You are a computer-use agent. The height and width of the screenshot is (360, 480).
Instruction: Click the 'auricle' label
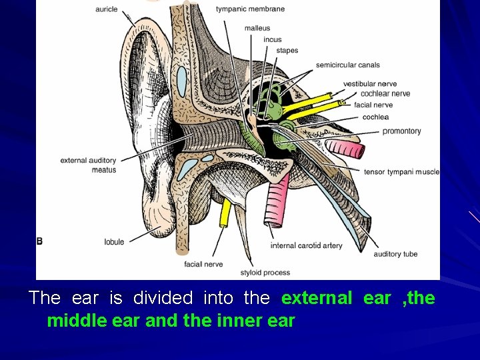[x=106, y=9]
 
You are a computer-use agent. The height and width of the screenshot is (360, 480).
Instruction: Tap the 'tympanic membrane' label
[x=250, y=9]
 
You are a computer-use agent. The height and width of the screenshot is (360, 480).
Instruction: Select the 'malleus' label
[x=257, y=29]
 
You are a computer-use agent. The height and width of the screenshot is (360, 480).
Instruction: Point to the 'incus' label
[x=272, y=40]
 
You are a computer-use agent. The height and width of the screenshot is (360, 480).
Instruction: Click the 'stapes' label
[x=287, y=51]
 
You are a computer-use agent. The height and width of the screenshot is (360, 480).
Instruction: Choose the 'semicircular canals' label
[x=347, y=65]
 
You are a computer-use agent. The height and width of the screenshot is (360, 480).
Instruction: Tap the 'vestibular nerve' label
[x=370, y=84]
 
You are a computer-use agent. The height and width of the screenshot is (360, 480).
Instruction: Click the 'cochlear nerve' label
[x=385, y=94]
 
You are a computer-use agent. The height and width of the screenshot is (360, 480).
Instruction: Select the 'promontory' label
[x=401, y=131]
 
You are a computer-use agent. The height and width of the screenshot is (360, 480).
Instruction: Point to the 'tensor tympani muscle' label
[x=401, y=172]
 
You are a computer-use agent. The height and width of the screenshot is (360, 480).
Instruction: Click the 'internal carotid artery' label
[x=306, y=246]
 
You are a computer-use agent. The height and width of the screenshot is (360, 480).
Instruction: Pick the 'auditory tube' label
[x=395, y=254]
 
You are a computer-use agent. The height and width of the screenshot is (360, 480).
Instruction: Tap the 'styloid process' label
[x=265, y=273]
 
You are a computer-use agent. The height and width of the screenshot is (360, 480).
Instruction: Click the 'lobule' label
[x=114, y=242]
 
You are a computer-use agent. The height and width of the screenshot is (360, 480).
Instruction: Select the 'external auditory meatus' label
[x=88, y=165]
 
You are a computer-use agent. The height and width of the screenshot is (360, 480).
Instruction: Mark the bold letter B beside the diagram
[x=40, y=241]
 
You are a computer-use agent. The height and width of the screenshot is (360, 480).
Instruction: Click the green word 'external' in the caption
[x=317, y=298]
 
